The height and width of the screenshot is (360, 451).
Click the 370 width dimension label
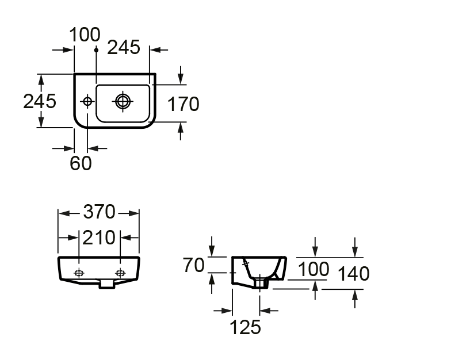99,212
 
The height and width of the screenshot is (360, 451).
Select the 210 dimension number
99,238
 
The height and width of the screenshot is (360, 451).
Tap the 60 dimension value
81,163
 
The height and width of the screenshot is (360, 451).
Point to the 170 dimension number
183,104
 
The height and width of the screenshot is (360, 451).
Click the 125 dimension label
245,327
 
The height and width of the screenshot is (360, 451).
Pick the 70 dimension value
193,265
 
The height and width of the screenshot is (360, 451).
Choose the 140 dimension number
353,274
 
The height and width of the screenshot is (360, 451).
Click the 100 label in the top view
85,35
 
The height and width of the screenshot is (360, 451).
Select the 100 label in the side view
314,269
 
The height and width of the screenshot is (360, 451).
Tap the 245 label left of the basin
40,101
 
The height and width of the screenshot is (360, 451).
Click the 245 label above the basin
124,47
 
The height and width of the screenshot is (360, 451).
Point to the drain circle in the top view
123,101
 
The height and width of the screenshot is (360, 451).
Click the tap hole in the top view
87,101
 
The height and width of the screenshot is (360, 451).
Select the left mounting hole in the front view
79,273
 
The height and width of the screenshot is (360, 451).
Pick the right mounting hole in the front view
120,273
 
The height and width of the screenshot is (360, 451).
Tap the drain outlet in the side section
260,284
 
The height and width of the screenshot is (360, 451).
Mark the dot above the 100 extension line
97,50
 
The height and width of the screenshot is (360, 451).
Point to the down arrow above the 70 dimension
212,246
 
